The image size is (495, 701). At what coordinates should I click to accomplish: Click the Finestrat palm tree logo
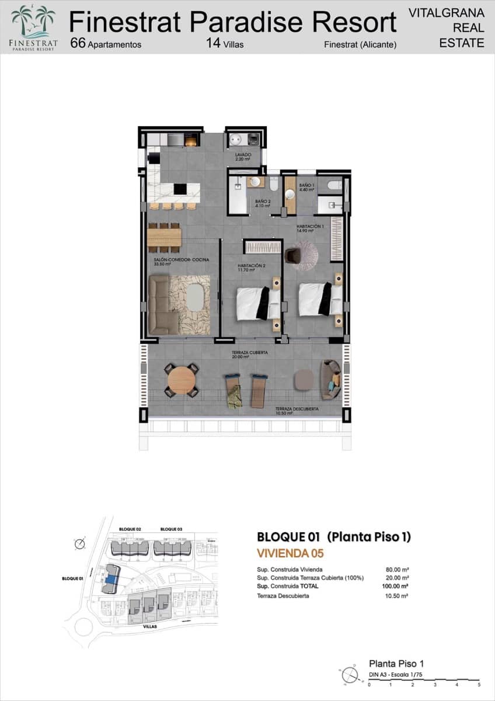[33, 22]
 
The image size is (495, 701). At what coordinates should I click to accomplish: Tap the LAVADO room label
[242, 156]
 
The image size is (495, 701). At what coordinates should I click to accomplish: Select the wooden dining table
[164, 237]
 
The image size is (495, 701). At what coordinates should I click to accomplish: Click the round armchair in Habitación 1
[292, 255]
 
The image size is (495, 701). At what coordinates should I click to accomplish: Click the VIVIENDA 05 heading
[290, 553]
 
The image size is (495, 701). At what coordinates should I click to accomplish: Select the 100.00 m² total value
[396, 585]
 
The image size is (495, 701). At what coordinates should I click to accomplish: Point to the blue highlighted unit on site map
[111, 579]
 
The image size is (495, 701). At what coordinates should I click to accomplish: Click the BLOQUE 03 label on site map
[171, 529]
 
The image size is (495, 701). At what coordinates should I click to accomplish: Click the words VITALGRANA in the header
[446, 12]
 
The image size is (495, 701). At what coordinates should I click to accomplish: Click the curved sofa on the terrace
[330, 379]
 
